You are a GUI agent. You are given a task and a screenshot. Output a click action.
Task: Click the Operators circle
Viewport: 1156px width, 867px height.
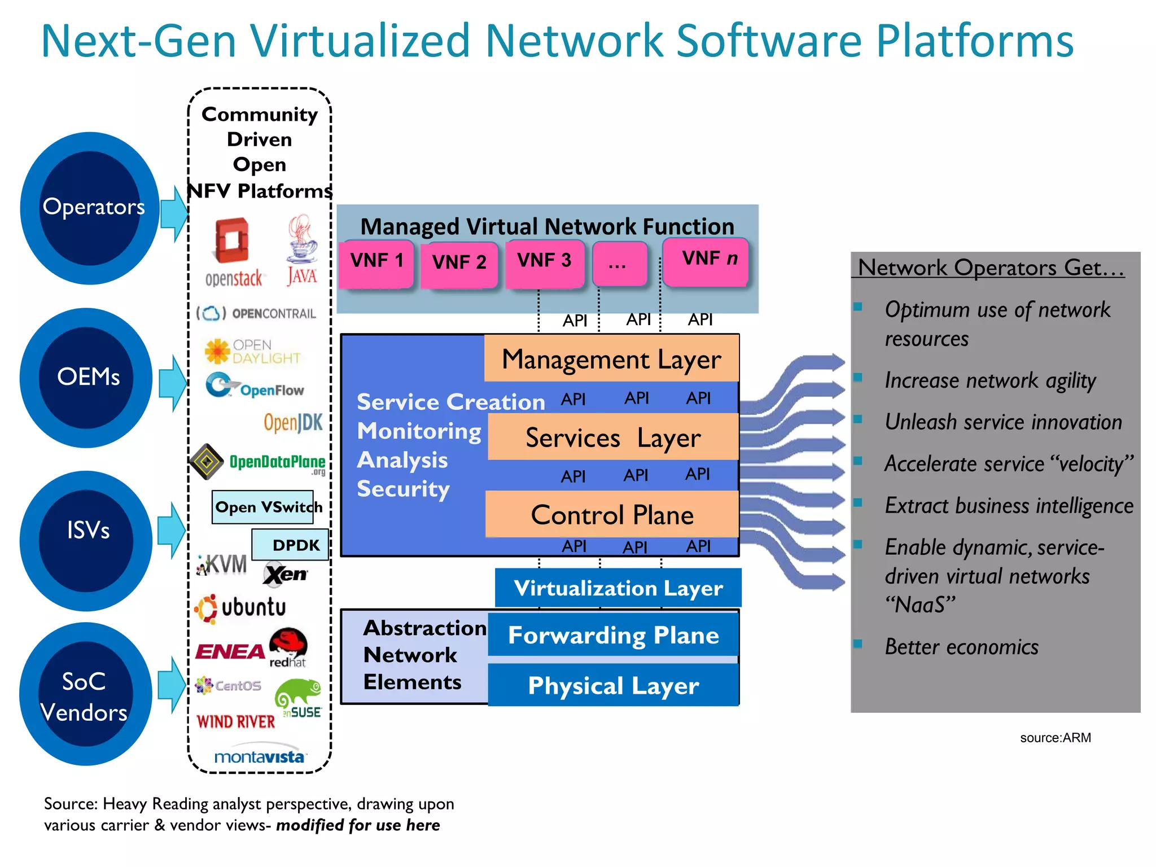click(x=90, y=208)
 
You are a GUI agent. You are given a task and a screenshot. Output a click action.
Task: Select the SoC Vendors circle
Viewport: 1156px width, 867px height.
click(x=86, y=694)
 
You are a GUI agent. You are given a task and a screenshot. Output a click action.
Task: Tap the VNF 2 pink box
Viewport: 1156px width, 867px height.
click(x=459, y=264)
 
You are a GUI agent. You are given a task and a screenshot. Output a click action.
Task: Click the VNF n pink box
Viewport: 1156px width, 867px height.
click(x=706, y=261)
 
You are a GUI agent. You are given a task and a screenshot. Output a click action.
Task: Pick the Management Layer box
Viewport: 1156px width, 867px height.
click(x=611, y=359)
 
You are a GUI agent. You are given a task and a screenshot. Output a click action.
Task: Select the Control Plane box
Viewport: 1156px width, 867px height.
click(x=612, y=514)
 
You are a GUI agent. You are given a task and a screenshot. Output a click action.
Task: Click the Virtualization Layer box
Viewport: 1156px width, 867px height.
click(x=618, y=588)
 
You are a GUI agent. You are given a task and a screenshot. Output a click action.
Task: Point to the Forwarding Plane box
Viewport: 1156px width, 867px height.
click(x=613, y=635)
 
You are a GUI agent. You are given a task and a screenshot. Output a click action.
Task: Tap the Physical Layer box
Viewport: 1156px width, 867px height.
click(x=613, y=685)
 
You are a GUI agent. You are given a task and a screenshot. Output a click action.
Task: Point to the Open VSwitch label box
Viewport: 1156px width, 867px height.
click(x=263, y=507)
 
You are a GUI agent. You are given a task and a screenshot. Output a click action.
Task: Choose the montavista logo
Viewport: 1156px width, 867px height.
click(x=260, y=756)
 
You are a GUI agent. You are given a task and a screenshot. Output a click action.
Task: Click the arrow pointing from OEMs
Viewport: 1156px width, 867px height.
click(x=172, y=383)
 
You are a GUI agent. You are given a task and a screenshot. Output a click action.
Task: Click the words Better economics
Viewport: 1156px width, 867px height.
click(x=961, y=647)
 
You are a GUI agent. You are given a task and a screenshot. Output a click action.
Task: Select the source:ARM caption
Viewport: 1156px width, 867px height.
click(x=1055, y=738)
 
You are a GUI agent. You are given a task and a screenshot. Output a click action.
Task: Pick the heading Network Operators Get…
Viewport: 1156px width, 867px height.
click(x=991, y=268)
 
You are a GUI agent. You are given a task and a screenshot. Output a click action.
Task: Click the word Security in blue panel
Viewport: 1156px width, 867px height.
click(x=403, y=489)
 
